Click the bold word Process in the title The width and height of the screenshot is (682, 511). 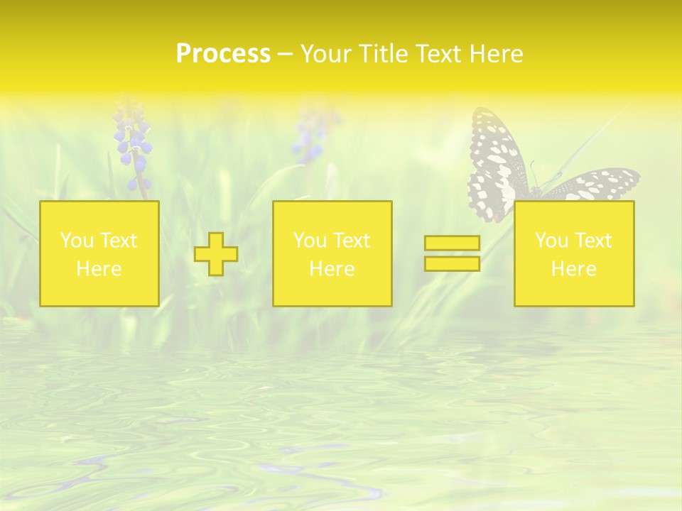pyautogui.click(x=223, y=54)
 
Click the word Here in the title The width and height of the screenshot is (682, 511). pyautogui.click(x=498, y=54)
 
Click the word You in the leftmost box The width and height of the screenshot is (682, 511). pyautogui.click(x=76, y=241)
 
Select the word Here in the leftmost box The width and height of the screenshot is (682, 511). pyautogui.click(x=99, y=269)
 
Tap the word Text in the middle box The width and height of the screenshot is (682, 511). pyautogui.click(x=352, y=241)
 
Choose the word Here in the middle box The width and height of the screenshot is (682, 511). pyautogui.click(x=332, y=269)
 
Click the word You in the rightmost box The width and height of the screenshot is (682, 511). pyautogui.click(x=551, y=241)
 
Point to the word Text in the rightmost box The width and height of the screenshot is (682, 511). pyautogui.click(x=593, y=241)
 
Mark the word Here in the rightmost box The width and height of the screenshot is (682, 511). pyautogui.click(x=573, y=269)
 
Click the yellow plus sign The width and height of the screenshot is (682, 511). pyautogui.click(x=216, y=254)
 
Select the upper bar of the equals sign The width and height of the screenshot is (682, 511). pyautogui.click(x=452, y=243)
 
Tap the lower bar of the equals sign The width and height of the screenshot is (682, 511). pyautogui.click(x=452, y=264)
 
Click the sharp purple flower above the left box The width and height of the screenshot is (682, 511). pyautogui.click(x=133, y=145)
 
